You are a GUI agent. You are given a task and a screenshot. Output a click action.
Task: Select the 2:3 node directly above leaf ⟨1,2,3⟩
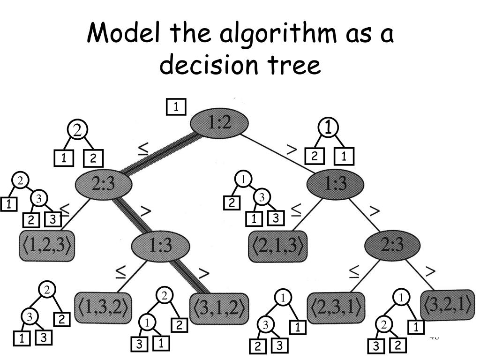pyautogui.click(x=103, y=183)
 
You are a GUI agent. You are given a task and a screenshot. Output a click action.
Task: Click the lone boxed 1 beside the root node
pyautogui.click(x=176, y=107)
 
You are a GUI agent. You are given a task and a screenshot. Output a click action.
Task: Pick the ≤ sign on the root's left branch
pyautogui.click(x=143, y=149)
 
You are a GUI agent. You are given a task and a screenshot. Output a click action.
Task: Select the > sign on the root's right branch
pyautogui.click(x=292, y=150)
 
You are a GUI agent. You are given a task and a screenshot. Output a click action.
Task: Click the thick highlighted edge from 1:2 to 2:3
pyautogui.click(x=159, y=154)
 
